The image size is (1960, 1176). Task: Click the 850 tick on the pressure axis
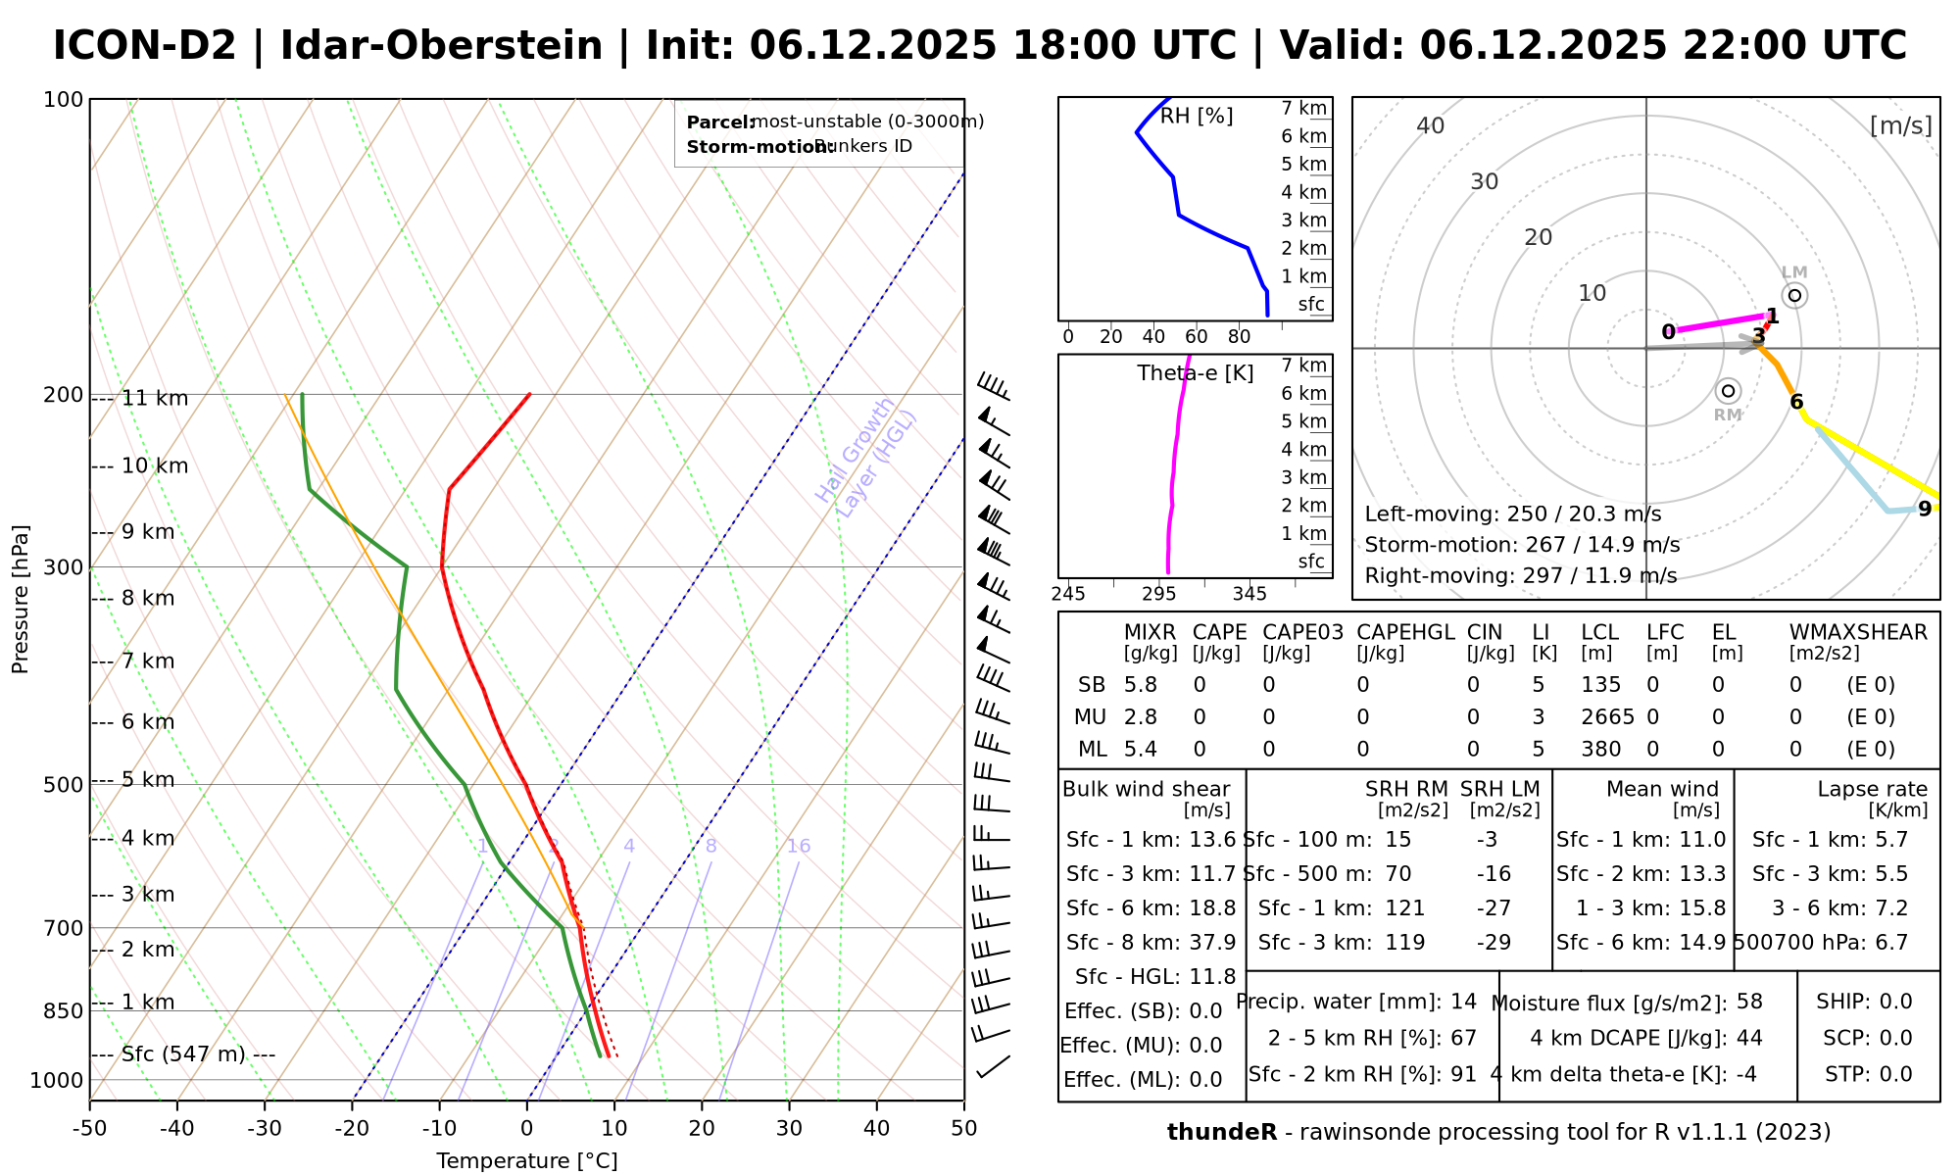[64, 1010]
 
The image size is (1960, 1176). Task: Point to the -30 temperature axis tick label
[265, 1128]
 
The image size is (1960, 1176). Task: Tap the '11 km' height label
[155, 399]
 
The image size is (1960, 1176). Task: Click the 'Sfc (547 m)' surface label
[183, 1054]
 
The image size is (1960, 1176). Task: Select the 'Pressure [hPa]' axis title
[21, 599]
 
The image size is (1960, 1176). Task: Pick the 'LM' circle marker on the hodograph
[1794, 295]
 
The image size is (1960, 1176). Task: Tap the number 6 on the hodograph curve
[1796, 402]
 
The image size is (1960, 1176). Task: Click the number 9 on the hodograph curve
[1924, 509]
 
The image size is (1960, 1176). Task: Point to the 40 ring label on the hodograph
[1431, 125]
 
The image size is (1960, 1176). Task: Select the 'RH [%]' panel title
[1196, 117]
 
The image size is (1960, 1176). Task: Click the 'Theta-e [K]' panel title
[1195, 373]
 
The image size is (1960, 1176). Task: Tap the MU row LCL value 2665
[1607, 717]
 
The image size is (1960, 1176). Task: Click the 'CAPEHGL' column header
[1405, 632]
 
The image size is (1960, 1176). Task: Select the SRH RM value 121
[1404, 908]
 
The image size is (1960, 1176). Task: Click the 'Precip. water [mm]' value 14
[1463, 1002]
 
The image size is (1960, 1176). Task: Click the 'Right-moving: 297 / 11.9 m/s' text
[1520, 575]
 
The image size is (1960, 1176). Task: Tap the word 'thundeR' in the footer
[1221, 1133]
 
